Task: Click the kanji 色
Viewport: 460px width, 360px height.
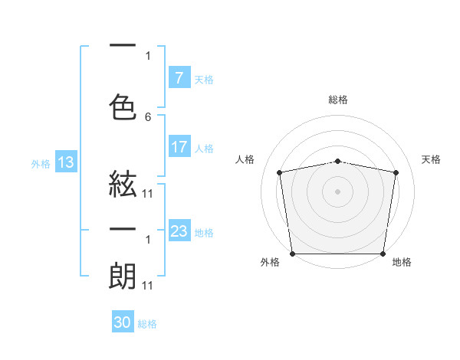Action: click(123, 105)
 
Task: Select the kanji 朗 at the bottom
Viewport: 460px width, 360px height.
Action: click(123, 277)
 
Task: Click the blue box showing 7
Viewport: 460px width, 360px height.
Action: click(179, 77)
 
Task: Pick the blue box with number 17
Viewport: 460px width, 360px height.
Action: click(179, 147)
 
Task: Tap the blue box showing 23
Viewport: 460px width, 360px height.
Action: click(179, 231)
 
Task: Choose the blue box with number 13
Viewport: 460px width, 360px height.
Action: click(65, 162)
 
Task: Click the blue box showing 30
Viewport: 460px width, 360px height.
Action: click(122, 322)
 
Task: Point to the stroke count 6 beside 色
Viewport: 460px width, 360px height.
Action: click(148, 117)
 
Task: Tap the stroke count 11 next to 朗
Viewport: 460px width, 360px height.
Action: click(148, 286)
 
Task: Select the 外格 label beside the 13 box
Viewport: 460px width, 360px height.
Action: click(41, 163)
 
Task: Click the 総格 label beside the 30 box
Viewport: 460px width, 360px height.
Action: click(147, 324)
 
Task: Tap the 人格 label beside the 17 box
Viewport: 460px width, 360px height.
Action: click(204, 149)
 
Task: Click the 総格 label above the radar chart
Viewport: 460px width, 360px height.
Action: click(338, 100)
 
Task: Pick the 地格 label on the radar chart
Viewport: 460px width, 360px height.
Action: click(402, 263)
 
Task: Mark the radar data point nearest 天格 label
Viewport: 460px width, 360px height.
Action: click(396, 172)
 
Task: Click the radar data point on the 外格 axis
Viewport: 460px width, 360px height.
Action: click(292, 254)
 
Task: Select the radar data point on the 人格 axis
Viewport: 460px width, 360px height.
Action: click(280, 172)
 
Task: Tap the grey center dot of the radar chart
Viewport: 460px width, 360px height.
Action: click(337, 191)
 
